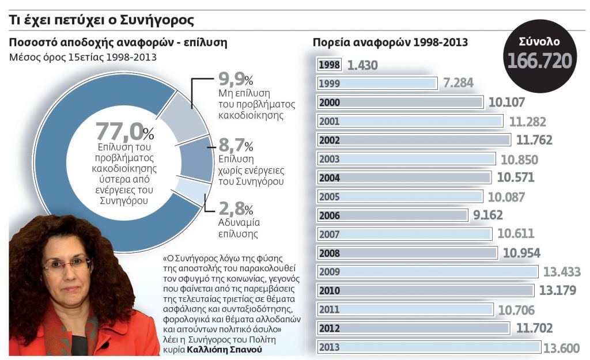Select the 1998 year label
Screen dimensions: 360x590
[x=329, y=65]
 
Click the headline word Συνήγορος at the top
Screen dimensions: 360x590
[x=157, y=20]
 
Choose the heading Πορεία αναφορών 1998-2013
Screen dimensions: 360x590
[x=390, y=43]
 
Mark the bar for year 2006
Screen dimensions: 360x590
[x=392, y=216]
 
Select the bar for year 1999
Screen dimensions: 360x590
[x=377, y=84]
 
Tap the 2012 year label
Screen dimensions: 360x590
[x=329, y=328]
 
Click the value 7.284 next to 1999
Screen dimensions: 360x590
[x=458, y=84]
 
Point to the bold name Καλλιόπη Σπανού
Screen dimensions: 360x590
[x=228, y=350]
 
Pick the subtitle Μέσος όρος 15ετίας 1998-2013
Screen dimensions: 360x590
[x=83, y=58]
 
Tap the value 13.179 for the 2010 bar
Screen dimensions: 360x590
[x=557, y=291]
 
